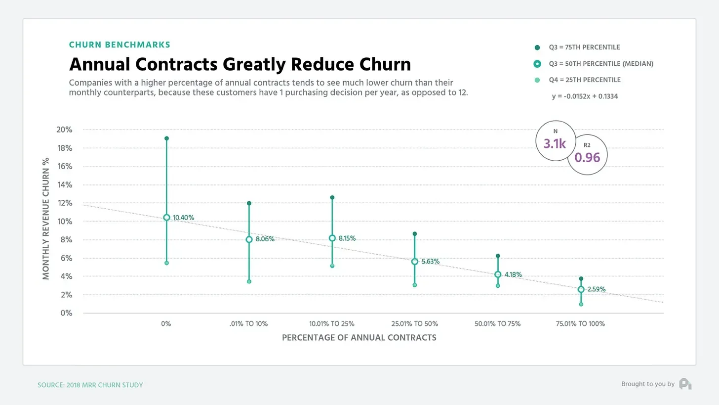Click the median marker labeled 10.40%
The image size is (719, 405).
[166, 218]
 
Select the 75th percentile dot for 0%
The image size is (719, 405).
[166, 138]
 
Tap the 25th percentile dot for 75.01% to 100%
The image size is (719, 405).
[581, 304]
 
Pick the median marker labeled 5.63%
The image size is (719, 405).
[415, 262]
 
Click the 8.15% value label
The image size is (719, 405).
[347, 238]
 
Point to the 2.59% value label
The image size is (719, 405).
[597, 289]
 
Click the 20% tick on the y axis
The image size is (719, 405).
[65, 130]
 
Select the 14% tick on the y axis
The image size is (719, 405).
[65, 185]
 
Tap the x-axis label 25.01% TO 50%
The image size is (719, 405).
[415, 324]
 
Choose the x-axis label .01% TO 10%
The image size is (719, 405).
[249, 324]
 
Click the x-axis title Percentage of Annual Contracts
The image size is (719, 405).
[359, 338]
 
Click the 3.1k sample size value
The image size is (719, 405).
[555, 144]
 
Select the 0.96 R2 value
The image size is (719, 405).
[587, 158]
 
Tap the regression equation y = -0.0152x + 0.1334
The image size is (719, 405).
[585, 96]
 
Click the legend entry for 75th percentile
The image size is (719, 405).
[584, 47]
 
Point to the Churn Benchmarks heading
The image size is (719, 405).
[120, 45]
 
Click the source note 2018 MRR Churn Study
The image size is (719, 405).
[90, 385]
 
